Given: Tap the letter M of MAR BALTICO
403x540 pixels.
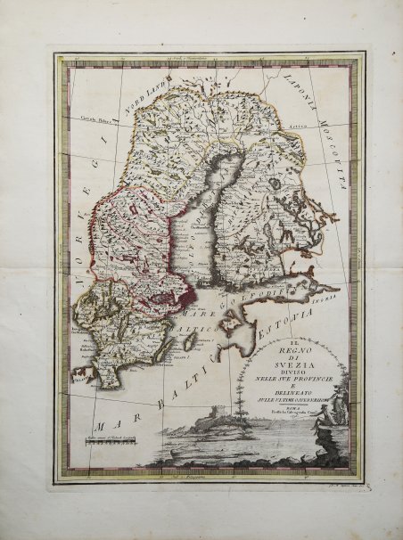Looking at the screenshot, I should pos(105,425).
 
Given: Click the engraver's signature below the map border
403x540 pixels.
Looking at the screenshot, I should pos(341,477).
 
